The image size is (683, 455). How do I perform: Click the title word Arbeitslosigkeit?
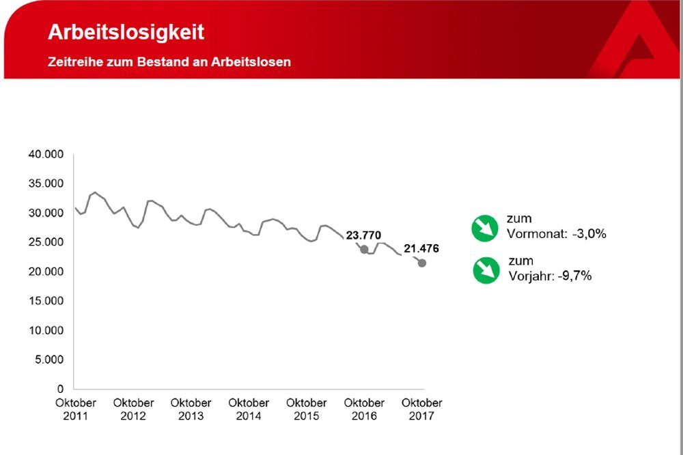126,33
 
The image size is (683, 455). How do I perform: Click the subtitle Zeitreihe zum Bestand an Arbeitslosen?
169,62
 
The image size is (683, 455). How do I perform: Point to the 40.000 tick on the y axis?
46,155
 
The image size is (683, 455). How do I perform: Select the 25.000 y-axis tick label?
46,242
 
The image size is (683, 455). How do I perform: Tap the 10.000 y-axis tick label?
46,330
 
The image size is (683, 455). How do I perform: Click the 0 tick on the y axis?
60,389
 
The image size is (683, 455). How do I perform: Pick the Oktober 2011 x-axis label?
76,409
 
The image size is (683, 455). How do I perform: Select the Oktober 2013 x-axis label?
191,409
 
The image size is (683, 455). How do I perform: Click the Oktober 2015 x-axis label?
306,409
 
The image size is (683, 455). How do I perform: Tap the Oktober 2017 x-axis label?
421,409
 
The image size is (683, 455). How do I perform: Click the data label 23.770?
363,235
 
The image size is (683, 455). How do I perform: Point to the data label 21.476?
421,249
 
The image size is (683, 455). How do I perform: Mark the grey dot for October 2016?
364,250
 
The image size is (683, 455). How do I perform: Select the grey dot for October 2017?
422,263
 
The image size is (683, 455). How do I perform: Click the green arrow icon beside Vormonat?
485,228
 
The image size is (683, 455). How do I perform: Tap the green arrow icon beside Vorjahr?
486,270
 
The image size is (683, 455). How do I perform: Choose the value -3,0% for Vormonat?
589,233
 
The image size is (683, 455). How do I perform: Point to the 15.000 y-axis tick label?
46,301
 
